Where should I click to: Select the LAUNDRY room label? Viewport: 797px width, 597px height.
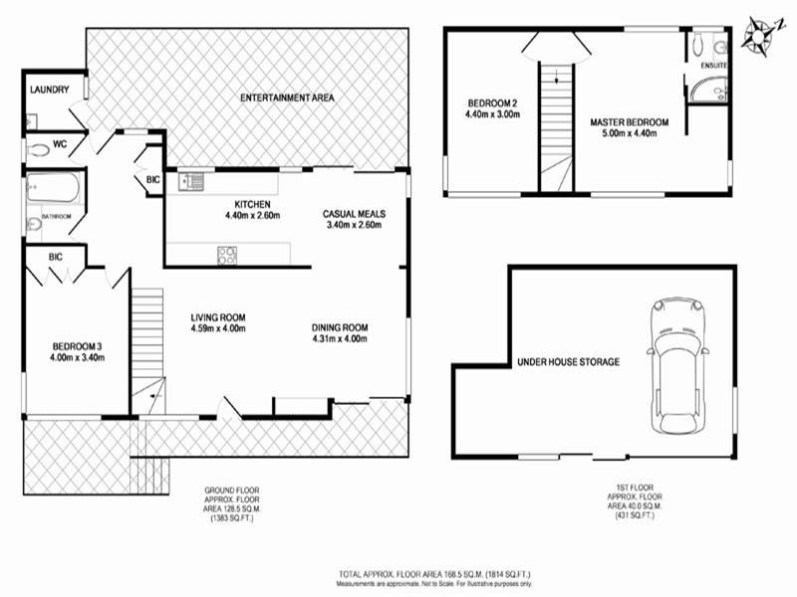(x=49, y=90)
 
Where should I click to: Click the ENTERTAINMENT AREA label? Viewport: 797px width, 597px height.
(x=287, y=99)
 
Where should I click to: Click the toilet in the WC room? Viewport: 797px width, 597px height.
(x=40, y=150)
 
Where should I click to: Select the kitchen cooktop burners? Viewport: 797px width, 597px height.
(x=227, y=254)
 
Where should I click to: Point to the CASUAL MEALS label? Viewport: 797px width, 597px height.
(x=354, y=214)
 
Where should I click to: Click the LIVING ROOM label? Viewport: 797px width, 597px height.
(x=218, y=317)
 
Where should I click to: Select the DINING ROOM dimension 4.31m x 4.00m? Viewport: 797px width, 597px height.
(x=340, y=339)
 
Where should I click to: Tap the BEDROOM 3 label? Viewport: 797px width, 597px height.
(x=76, y=347)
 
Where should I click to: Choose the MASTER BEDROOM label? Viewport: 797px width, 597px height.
(x=629, y=122)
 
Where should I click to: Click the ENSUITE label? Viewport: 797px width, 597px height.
(x=713, y=66)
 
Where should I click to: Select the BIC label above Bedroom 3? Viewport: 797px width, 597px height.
(x=55, y=257)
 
